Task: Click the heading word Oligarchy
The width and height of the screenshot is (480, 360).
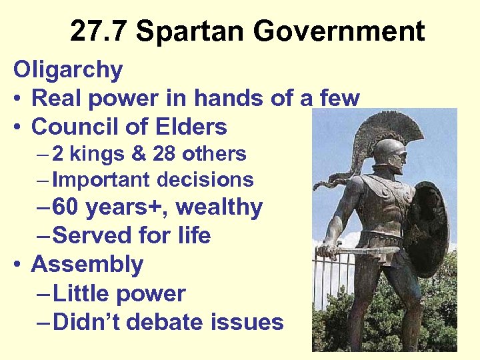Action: [68, 70]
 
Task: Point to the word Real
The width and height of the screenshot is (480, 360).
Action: [56, 99]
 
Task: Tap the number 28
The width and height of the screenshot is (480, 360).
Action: [164, 154]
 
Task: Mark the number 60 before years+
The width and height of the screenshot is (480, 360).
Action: [65, 208]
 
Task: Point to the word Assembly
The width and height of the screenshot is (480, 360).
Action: [87, 265]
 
